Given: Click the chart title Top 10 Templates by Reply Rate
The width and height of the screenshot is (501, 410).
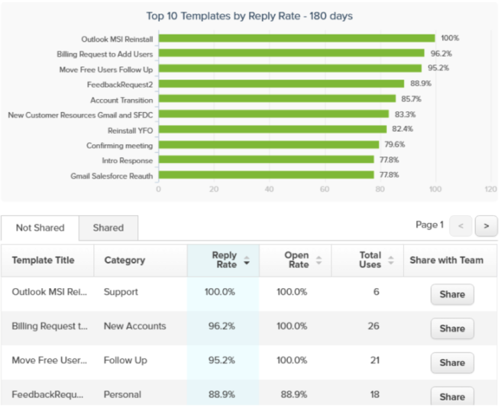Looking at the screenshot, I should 250,16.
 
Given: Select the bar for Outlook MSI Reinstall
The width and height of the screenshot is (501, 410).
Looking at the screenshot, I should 296,38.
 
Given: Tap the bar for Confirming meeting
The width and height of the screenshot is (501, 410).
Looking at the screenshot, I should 268,145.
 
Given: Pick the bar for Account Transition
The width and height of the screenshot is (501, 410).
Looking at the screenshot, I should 277,100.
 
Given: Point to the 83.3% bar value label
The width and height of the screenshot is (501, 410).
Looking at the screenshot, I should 404,115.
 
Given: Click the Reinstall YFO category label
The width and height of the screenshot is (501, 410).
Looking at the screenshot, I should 130,130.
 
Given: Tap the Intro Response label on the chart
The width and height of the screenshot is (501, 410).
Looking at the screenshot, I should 127,160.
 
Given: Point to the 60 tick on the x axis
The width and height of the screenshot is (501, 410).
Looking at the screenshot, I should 324,189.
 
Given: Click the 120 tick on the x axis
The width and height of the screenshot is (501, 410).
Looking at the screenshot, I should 491,189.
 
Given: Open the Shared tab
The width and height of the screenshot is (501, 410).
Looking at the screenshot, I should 108,228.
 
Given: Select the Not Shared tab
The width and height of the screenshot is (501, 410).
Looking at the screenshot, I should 40,228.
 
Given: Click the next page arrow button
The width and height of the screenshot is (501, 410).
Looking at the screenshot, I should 486,226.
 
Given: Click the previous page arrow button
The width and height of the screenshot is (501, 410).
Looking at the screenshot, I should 461,226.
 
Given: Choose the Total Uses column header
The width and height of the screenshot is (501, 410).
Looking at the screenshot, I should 369,260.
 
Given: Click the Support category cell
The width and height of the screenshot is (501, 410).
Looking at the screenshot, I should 121,292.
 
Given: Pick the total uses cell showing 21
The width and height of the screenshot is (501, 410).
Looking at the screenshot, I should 373,360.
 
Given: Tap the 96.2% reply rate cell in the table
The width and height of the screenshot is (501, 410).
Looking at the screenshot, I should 220,326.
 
